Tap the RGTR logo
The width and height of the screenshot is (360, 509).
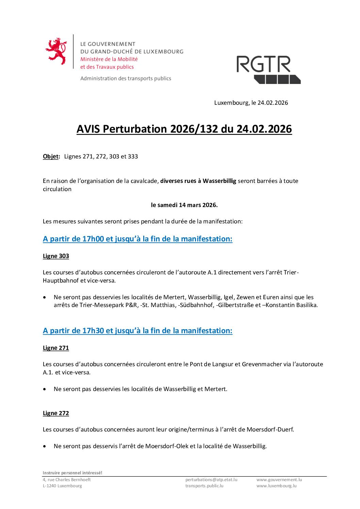tap(268, 70)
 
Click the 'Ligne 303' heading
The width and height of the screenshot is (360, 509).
tap(56, 256)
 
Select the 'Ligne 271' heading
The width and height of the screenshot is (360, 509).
tap(56, 348)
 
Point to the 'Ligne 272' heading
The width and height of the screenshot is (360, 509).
tap(56, 413)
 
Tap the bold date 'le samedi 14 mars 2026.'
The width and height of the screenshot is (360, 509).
tap(184, 205)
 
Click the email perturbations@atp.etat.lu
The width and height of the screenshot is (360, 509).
tap(211, 479)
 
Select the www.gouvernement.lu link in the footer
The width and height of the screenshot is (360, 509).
tap(279, 479)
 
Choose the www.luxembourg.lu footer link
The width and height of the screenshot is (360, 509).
tap(276, 486)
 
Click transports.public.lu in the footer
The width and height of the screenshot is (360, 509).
tap(204, 486)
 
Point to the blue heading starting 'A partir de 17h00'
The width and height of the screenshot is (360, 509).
tap(137, 239)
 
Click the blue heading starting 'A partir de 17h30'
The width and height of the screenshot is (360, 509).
tap(137, 330)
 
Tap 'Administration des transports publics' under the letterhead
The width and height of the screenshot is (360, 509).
tap(126, 78)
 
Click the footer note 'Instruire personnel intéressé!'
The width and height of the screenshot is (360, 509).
tap(72, 473)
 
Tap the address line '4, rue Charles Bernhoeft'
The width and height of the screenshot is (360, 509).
tap(67, 479)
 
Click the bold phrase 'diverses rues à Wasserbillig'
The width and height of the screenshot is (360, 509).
tap(198, 181)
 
